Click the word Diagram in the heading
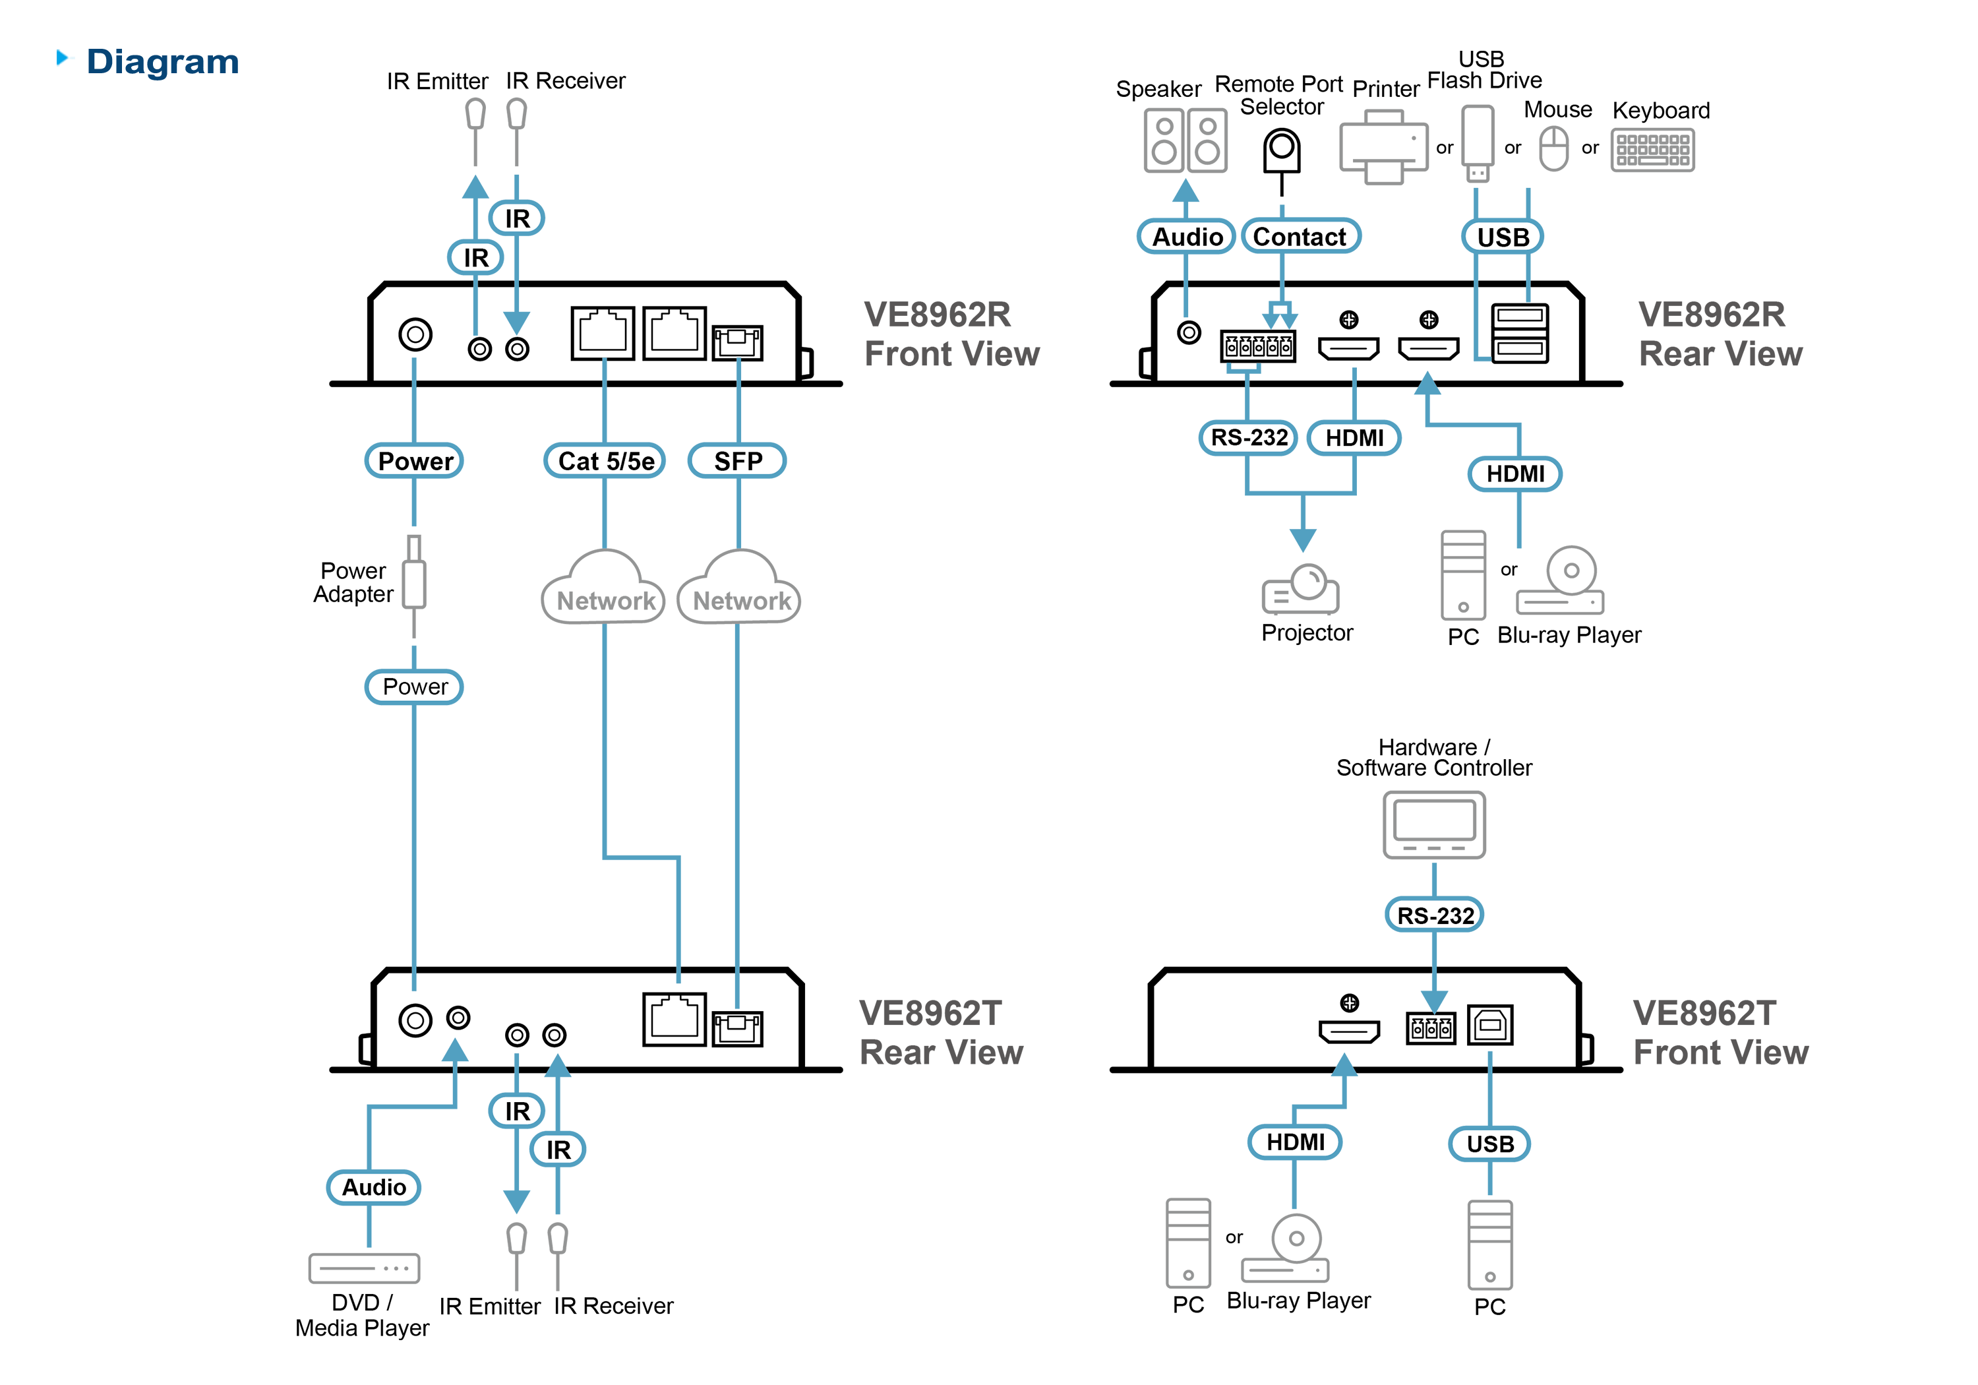tap(163, 62)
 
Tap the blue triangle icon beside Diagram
tap(64, 58)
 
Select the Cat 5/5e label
tap(606, 461)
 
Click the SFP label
tap(737, 461)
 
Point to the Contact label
tap(1299, 237)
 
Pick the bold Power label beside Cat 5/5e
tap(415, 461)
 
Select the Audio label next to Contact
tap(1187, 237)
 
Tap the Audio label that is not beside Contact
tap(374, 1188)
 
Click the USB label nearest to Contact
tap(1503, 237)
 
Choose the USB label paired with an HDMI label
tap(1490, 1144)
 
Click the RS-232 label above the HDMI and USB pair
tap(1435, 915)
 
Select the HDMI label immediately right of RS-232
tap(1354, 438)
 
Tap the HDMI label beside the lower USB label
tap(1296, 1142)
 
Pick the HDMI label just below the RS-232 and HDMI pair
tap(1515, 474)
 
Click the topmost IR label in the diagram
tap(517, 219)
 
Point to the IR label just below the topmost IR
tap(475, 258)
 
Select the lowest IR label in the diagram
tap(558, 1150)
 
